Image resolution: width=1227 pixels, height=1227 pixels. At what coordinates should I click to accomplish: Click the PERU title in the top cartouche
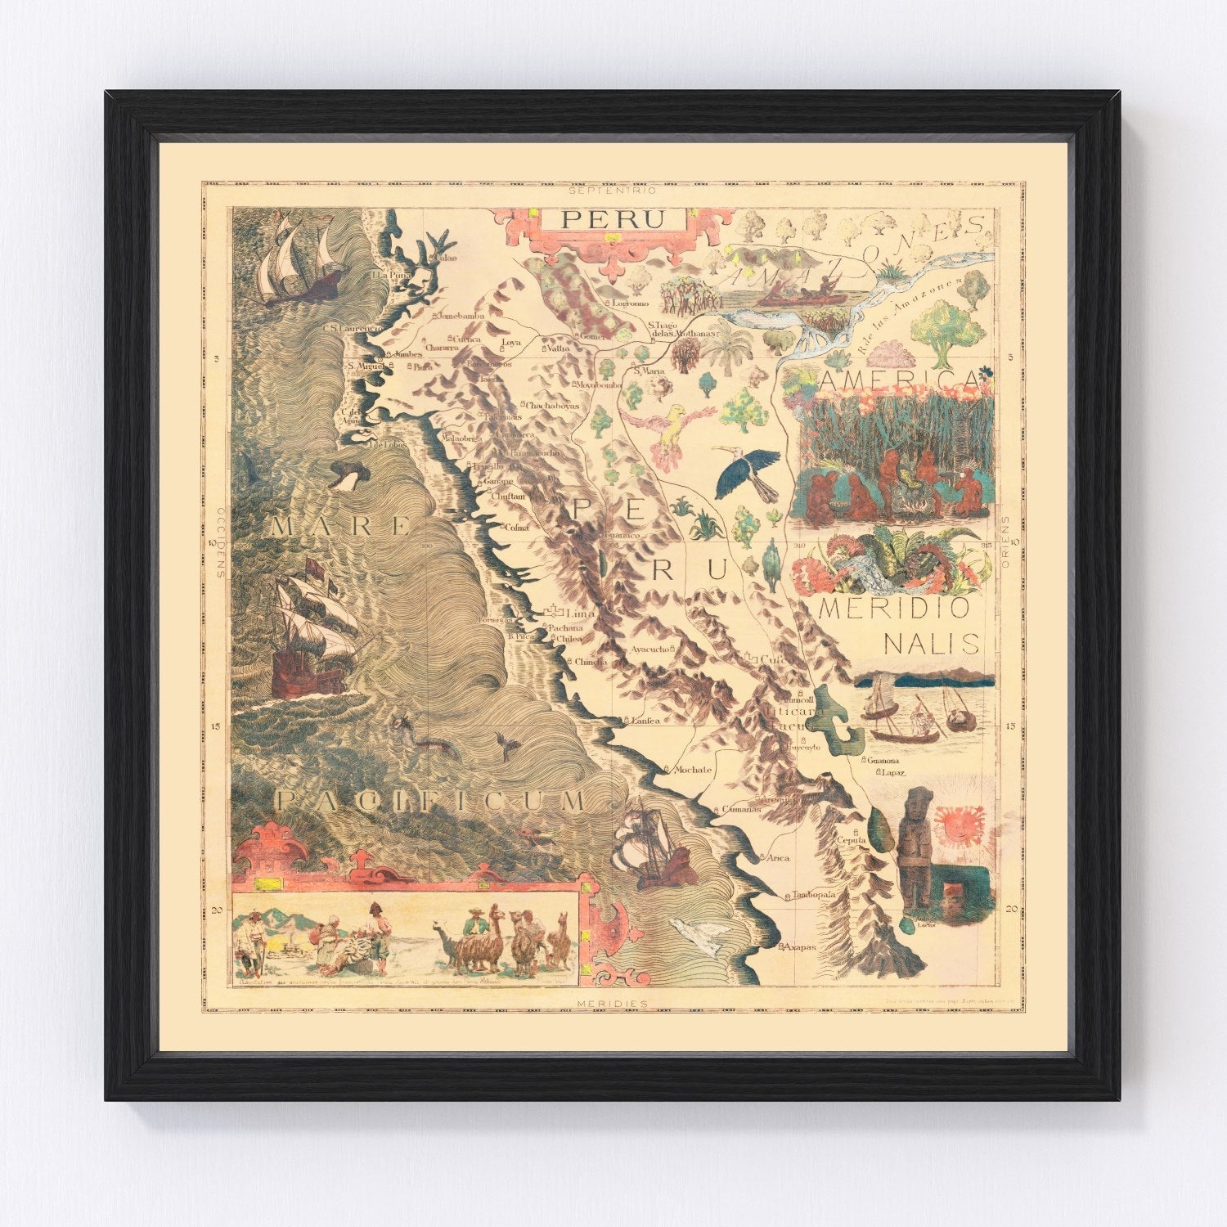coord(612,219)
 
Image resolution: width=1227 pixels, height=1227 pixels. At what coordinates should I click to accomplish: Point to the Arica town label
coord(777,857)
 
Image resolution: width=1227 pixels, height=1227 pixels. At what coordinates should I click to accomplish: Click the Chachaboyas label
coord(552,405)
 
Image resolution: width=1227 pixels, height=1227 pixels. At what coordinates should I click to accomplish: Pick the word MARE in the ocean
coord(339,526)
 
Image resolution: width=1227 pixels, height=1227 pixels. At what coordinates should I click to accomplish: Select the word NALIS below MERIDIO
coord(932,643)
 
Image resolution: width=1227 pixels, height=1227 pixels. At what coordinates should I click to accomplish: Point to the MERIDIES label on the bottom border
coord(612,1003)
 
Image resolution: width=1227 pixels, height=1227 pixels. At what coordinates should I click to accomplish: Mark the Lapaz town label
coord(894,771)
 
